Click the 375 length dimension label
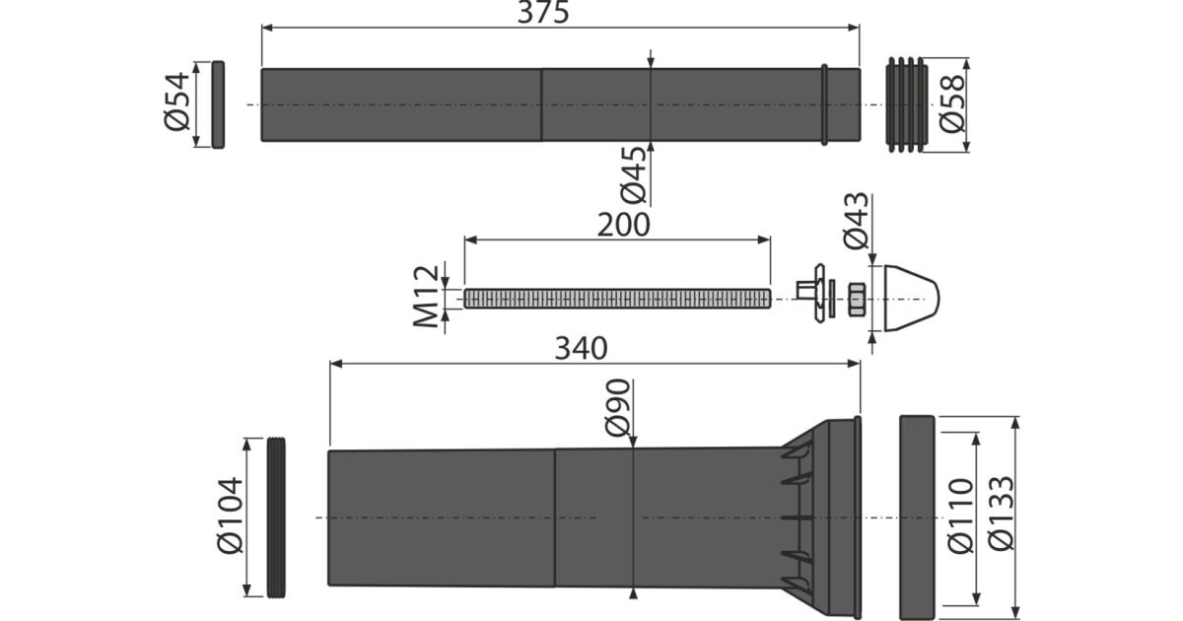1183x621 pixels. pyautogui.click(x=543, y=12)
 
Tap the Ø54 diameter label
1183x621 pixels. pyautogui.click(x=176, y=102)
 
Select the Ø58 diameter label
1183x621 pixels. pyautogui.click(x=952, y=104)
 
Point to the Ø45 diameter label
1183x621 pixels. pyautogui.click(x=633, y=175)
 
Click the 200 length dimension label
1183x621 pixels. pyautogui.click(x=623, y=225)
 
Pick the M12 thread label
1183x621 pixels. pyautogui.click(x=426, y=297)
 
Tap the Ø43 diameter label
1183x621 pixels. pyautogui.click(x=856, y=220)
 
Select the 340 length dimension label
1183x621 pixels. pyautogui.click(x=581, y=349)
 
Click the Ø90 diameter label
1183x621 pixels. pyautogui.click(x=618, y=408)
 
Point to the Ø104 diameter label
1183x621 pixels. pyautogui.click(x=231, y=516)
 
